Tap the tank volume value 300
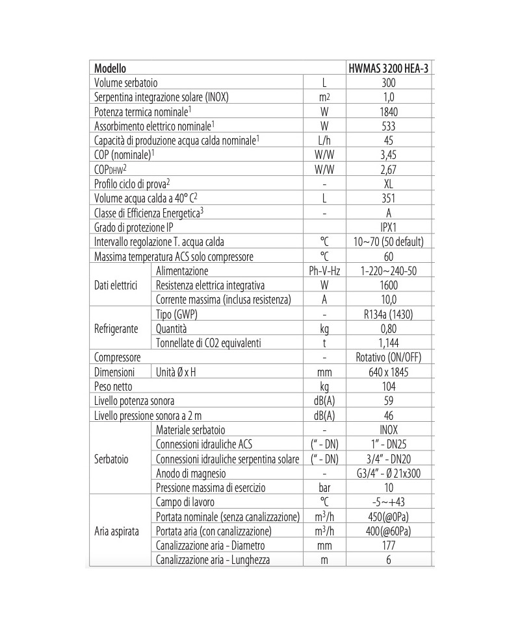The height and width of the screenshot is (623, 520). (388, 83)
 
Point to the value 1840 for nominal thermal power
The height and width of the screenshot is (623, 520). (388, 112)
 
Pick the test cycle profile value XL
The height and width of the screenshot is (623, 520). (388, 184)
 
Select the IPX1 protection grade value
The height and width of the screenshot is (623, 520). (388, 227)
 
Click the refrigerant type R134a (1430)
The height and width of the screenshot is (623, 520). (388, 314)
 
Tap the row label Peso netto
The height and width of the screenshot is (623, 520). (114, 386)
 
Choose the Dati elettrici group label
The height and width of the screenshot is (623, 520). (116, 285)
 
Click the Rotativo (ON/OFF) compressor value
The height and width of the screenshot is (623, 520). (388, 358)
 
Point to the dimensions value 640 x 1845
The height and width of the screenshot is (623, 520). (388, 372)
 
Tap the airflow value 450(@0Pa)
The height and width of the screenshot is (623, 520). (388, 517)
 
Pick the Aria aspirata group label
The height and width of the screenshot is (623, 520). (116, 531)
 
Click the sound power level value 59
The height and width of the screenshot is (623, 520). (388, 400)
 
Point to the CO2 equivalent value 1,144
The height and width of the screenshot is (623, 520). (388, 343)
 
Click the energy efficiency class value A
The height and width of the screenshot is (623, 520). (388, 213)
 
